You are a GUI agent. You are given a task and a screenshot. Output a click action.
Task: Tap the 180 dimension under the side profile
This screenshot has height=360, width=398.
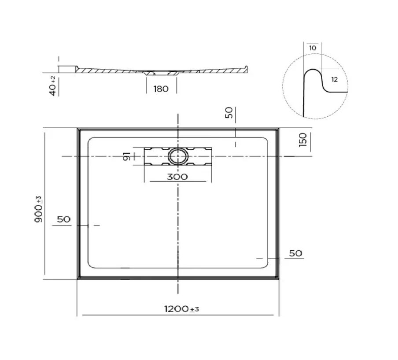[161, 89]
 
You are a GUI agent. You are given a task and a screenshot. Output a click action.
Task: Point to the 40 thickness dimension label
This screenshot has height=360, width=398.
[52, 88]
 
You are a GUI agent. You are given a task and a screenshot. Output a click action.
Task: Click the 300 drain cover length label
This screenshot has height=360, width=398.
[177, 177]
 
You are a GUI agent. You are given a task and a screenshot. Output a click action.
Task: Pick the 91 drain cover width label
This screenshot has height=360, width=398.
[126, 156]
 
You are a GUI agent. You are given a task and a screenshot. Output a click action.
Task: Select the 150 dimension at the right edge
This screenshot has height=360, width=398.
[302, 140]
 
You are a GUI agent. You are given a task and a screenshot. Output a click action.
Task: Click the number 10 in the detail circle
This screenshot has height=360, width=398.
[313, 48]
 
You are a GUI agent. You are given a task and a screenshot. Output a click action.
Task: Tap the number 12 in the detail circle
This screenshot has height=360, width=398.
[334, 79]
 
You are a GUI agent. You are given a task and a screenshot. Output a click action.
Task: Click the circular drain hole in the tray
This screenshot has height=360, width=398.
[177, 156]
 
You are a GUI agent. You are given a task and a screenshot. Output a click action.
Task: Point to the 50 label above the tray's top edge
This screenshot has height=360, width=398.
[228, 113]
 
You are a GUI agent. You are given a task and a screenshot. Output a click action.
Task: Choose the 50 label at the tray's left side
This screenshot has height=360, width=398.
[64, 219]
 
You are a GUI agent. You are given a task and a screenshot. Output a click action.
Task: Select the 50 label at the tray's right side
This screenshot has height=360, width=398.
[296, 253]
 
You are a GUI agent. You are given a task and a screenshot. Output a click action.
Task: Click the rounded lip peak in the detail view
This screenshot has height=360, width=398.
[312, 70]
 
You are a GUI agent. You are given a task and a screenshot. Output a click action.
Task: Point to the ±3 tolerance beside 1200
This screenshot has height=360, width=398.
[195, 310]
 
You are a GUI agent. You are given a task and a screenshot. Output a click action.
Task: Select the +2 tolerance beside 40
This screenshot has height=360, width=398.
[53, 79]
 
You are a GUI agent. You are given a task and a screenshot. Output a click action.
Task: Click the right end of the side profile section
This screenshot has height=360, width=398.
[248, 67]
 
